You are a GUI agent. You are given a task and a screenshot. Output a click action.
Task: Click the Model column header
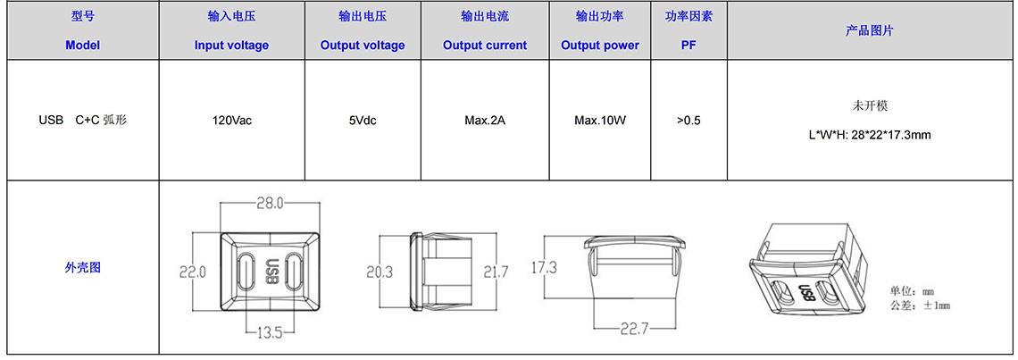point(82,46)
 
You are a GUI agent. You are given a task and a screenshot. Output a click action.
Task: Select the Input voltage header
point(231,46)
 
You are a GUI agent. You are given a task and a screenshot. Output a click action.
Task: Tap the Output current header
point(485,46)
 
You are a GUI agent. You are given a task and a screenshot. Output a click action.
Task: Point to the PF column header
point(688,46)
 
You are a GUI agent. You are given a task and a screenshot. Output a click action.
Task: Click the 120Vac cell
point(232,121)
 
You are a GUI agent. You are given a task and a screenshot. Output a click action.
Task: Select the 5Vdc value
point(363,121)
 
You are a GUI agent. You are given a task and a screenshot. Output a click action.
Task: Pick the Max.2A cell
point(485,121)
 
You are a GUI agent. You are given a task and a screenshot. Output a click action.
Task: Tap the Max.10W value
point(600,121)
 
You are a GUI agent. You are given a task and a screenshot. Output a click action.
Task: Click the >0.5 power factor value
point(688,121)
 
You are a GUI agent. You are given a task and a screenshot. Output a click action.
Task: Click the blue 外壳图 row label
point(82,267)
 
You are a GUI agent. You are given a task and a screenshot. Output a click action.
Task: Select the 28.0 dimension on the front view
point(270,204)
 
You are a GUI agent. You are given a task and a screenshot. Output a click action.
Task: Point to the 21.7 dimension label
point(495,272)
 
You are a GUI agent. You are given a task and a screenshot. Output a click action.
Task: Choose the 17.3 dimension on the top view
point(544,266)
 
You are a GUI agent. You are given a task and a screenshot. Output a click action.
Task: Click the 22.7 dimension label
point(635,330)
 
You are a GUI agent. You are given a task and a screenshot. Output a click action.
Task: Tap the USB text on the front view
point(272,272)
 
